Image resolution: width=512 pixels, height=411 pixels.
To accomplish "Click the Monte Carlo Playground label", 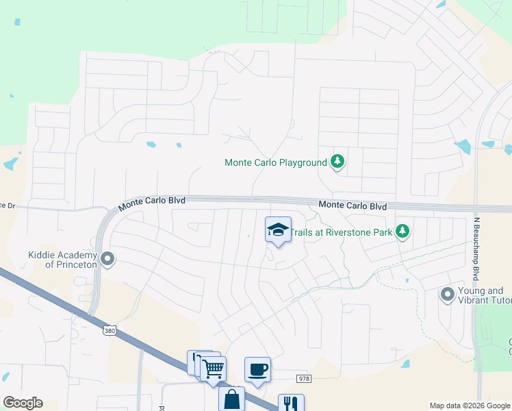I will [x=275, y=163].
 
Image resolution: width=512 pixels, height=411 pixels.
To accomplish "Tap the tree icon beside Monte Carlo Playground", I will [x=337, y=162].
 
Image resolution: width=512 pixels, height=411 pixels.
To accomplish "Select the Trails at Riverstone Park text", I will [x=341, y=232].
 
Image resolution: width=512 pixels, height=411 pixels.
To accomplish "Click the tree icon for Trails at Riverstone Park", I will [x=404, y=232].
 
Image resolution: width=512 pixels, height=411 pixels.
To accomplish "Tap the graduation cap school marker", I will [x=278, y=229].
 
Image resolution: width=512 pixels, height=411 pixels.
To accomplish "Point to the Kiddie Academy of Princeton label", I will [x=61, y=260].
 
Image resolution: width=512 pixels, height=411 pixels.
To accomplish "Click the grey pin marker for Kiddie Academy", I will [x=107, y=259].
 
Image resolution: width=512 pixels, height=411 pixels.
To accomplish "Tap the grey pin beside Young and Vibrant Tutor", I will [x=448, y=295].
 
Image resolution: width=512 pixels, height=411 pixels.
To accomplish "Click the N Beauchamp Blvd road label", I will [x=475, y=249].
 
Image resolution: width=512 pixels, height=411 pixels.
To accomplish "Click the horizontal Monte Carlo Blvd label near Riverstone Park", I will [x=353, y=206].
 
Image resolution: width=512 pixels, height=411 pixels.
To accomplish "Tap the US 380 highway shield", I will [x=110, y=331].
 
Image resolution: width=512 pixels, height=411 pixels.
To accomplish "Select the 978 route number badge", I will [x=304, y=379].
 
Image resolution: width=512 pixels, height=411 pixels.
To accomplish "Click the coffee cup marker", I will [x=257, y=370].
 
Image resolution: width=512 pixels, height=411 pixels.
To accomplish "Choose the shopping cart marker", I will [x=214, y=369].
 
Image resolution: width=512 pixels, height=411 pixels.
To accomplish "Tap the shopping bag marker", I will [x=231, y=398].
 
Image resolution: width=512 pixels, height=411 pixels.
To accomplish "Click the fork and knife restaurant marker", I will [x=290, y=403].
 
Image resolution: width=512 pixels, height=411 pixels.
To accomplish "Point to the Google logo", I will [x=23, y=403].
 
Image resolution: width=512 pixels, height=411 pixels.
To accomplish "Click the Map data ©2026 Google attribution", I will [x=469, y=406].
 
